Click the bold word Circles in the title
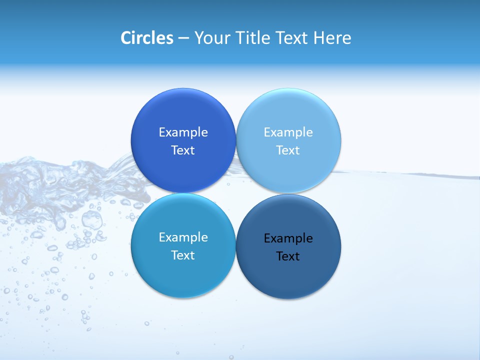(146, 38)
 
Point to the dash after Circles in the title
(183, 38)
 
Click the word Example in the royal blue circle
(183, 132)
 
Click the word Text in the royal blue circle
(183, 150)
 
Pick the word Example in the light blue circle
(288, 132)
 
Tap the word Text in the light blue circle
(288, 150)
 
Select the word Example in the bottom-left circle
(183, 237)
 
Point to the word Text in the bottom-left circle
(183, 255)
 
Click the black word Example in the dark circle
(288, 238)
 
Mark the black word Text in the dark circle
(288, 256)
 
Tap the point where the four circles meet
(236, 193)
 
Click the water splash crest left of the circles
(30, 170)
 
